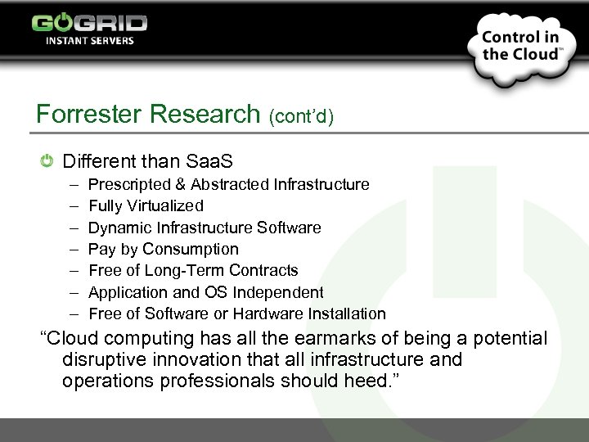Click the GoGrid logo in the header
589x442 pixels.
(x=89, y=22)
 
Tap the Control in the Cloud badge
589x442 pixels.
(x=519, y=46)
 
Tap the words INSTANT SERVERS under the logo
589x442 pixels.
(x=89, y=40)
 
